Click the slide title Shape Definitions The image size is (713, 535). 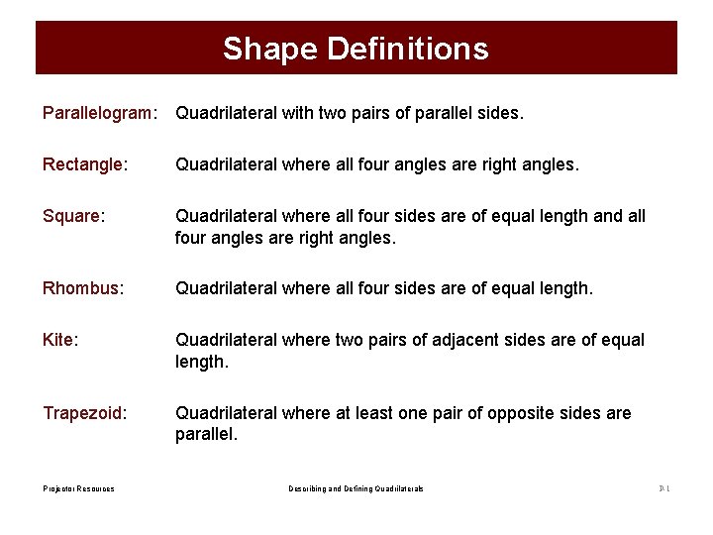[356, 49]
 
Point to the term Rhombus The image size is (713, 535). [83, 288]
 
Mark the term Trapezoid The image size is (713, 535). [84, 413]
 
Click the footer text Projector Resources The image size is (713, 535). [78, 488]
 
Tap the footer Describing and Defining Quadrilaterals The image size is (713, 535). [356, 488]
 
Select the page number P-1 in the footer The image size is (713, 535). [664, 488]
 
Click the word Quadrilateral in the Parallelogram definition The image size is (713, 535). [225, 114]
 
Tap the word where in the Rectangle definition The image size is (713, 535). [305, 164]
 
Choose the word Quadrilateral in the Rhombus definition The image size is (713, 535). [225, 288]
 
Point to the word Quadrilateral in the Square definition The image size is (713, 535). [225, 215]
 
